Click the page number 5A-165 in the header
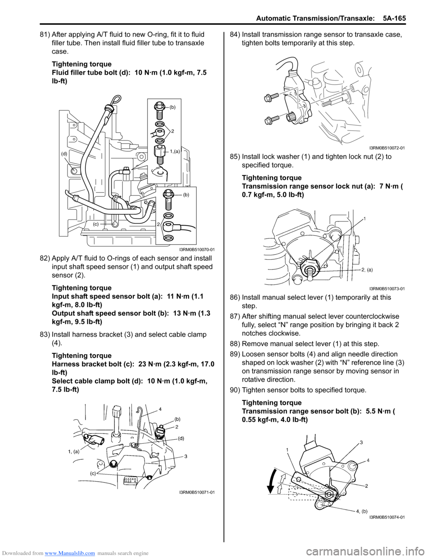pyautogui.click(x=394, y=18)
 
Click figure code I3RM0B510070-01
pyautogui.click(x=197, y=249)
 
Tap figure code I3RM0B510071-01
pyautogui.click(x=197, y=492)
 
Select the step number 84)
pyautogui.click(x=235, y=35)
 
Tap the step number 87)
pyautogui.click(x=235, y=316)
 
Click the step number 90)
pyautogui.click(x=235, y=390)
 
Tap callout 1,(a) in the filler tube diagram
pyautogui.click(x=175, y=152)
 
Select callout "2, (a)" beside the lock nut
pyautogui.click(x=367, y=270)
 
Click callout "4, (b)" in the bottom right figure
pyautogui.click(x=362, y=511)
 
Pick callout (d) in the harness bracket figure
pyautogui.click(x=181, y=438)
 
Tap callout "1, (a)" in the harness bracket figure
pyautogui.click(x=73, y=451)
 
